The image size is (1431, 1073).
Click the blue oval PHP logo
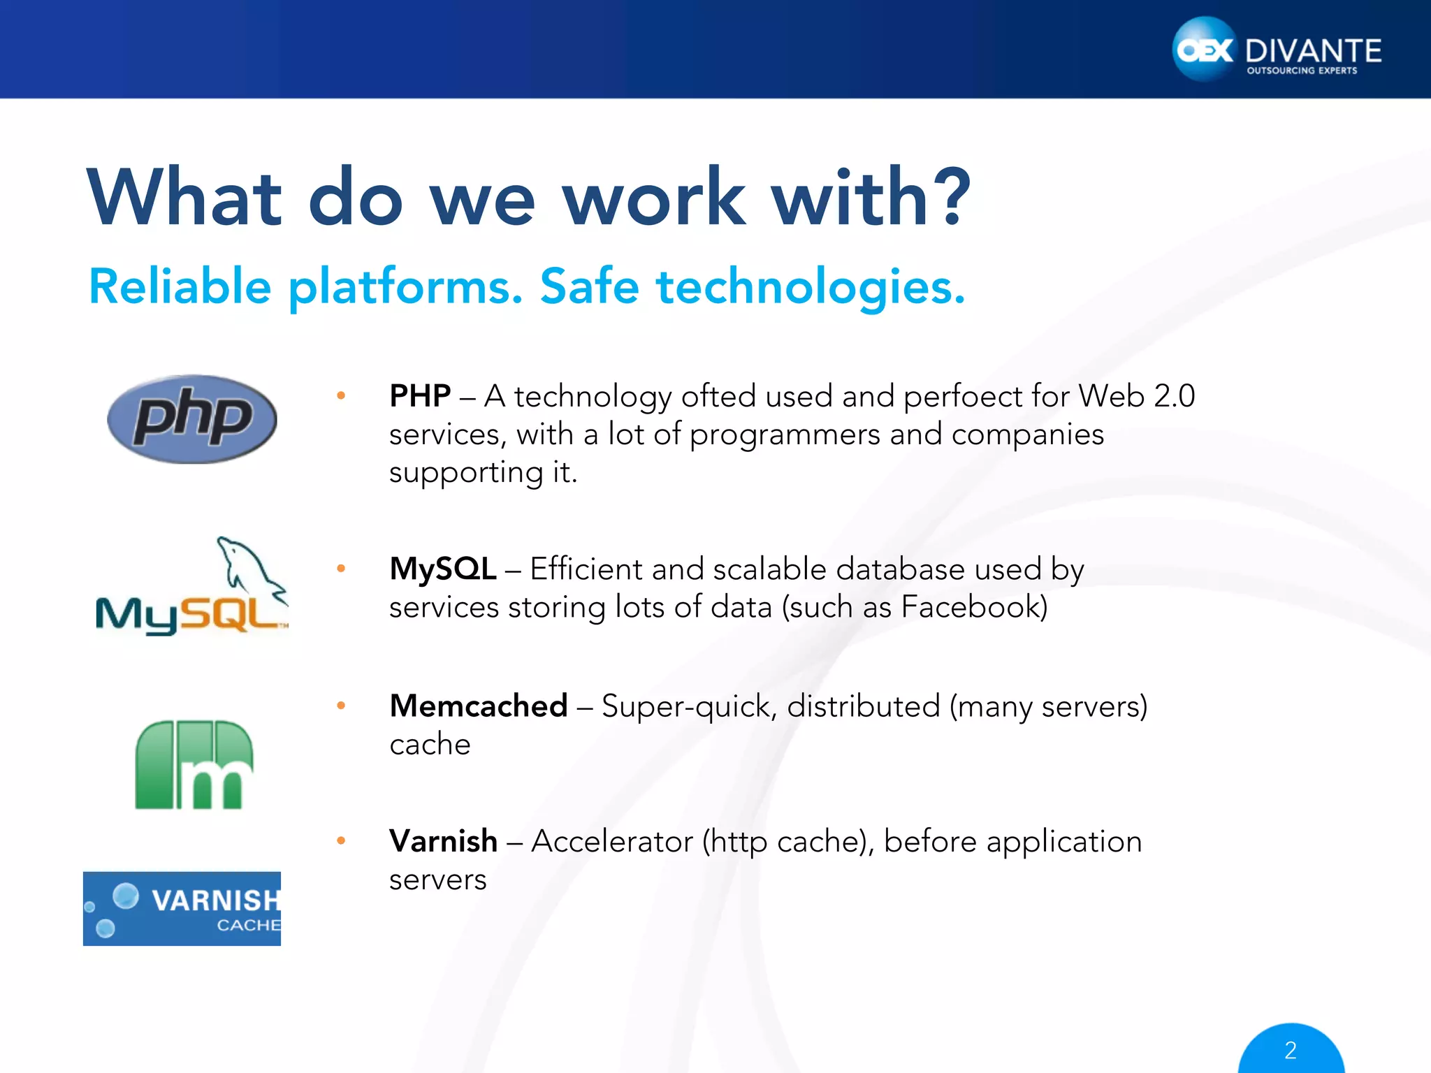[192, 419]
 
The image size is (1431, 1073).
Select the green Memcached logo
[194, 765]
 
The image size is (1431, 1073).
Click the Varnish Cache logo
[182, 908]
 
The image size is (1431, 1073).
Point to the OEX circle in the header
[1204, 50]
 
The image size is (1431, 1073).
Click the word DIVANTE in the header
[1313, 51]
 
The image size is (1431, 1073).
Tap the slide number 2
[1291, 1050]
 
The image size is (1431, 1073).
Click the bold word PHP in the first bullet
[420, 396]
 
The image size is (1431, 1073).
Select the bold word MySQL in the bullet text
[443, 569]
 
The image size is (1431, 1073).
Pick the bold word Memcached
[479, 706]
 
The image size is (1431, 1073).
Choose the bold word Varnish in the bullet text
[443, 841]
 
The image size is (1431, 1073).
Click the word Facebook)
[974, 606]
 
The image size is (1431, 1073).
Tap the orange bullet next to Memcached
[341, 706]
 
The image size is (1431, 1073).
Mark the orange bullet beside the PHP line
[341, 396]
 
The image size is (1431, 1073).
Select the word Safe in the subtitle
[589, 286]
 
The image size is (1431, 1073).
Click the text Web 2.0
[1136, 396]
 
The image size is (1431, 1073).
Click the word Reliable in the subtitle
[180, 286]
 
